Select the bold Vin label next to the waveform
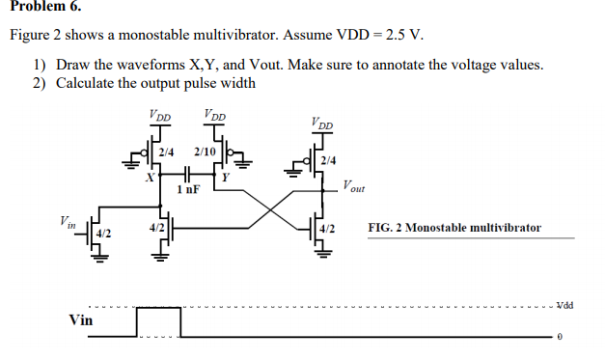pos(81,320)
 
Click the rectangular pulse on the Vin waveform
pos(158,321)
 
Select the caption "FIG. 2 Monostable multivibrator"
pos(454,228)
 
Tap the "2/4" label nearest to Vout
pos(329,160)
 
